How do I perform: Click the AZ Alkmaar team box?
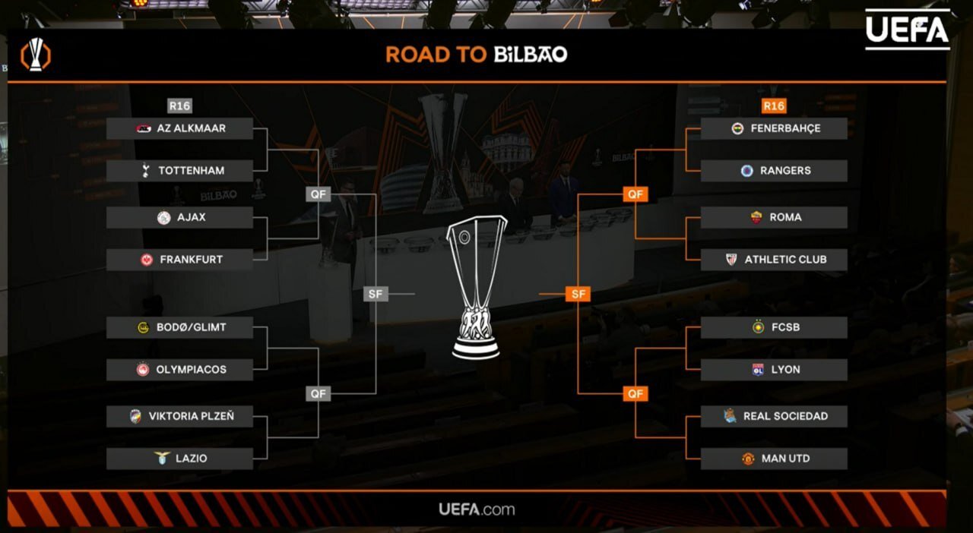(179, 128)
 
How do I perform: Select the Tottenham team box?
(179, 171)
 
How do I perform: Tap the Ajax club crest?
(163, 218)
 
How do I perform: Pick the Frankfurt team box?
(179, 260)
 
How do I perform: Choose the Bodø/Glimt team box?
(179, 327)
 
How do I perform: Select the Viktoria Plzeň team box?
(179, 416)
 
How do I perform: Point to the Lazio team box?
(179, 459)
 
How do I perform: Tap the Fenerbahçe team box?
(774, 128)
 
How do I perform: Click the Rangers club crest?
(746, 171)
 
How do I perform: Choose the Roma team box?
(774, 217)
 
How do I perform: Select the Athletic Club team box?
(774, 260)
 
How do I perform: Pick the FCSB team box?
(774, 327)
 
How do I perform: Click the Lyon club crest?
(757, 370)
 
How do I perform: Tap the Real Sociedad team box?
(774, 416)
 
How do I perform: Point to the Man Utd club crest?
(748, 459)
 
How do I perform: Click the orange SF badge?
(578, 294)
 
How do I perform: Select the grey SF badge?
(376, 294)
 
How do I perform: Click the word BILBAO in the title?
(531, 55)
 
